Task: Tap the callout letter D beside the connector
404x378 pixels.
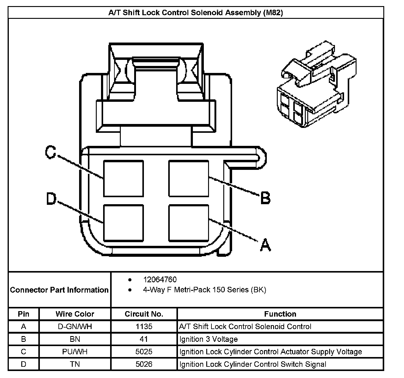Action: click(51, 199)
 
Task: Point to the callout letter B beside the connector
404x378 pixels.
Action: click(265, 198)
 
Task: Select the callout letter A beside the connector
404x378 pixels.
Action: click(265, 245)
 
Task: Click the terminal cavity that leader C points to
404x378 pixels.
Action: click(123, 179)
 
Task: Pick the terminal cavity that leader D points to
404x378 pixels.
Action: click(123, 223)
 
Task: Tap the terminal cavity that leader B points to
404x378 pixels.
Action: click(189, 179)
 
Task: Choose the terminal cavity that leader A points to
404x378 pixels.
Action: click(189, 223)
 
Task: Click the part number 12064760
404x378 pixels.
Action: click(160, 280)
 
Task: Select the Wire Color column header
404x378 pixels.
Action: click(75, 314)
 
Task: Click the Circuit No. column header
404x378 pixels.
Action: click(144, 314)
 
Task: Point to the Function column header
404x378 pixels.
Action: click(280, 314)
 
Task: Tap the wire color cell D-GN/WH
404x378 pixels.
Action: click(75, 327)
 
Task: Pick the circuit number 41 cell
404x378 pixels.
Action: click(144, 339)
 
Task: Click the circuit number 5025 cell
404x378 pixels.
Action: click(144, 352)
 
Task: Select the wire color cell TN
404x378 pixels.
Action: click(75, 364)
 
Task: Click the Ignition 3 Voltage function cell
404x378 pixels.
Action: click(208, 339)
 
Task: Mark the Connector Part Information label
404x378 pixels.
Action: click(59, 290)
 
